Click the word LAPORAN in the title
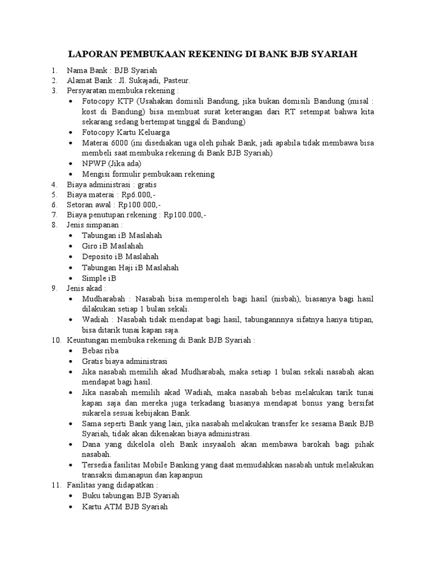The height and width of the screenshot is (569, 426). click(x=91, y=54)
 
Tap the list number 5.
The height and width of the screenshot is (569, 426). click(x=54, y=194)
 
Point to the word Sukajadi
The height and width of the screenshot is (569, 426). click(x=141, y=80)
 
